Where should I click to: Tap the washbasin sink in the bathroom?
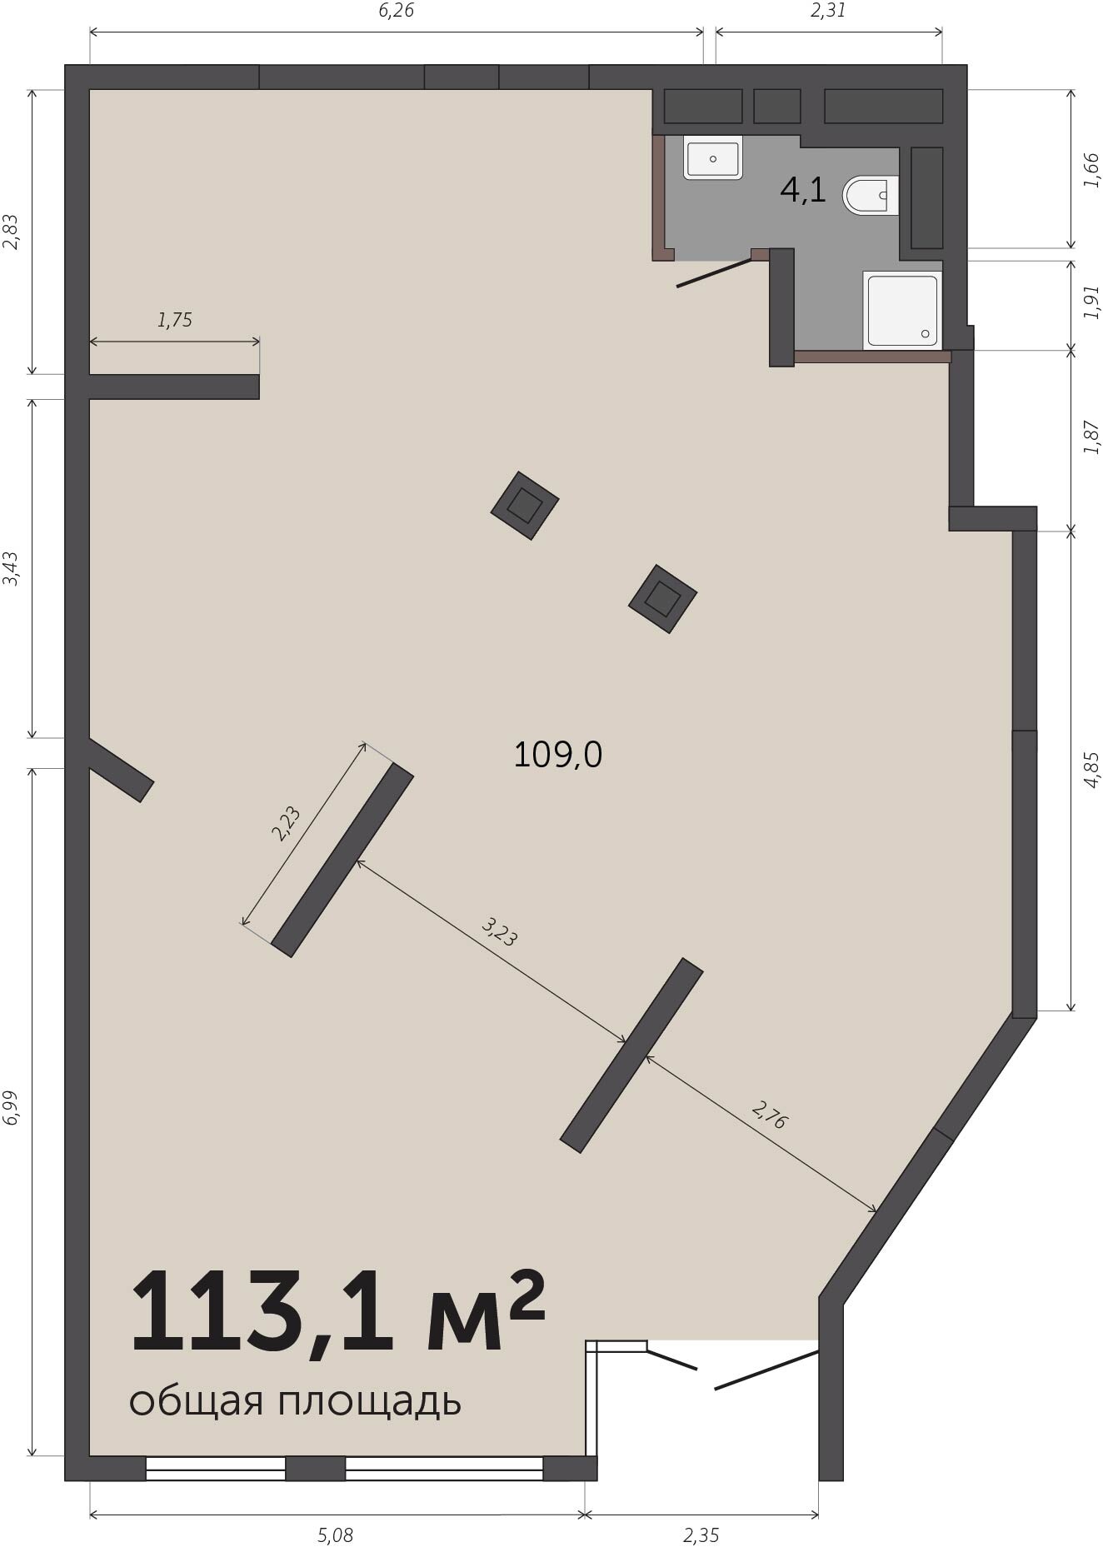(x=713, y=158)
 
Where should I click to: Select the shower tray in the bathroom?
(x=902, y=310)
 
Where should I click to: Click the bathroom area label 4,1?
(x=803, y=190)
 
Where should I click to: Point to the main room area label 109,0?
(x=557, y=755)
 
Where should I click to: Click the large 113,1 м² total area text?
(x=337, y=1312)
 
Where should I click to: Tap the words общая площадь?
(x=295, y=1403)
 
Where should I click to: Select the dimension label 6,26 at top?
(x=396, y=11)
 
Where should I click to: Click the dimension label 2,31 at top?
(x=828, y=11)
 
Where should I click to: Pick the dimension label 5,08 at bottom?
(x=335, y=1535)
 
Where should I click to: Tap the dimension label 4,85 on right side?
(x=1091, y=770)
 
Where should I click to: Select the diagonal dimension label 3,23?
(x=500, y=932)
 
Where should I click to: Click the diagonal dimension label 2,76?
(x=769, y=1115)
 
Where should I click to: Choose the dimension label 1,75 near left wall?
(x=175, y=320)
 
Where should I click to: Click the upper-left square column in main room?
(x=524, y=506)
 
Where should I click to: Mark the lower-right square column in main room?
(x=662, y=599)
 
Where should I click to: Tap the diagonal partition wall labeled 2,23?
(x=342, y=860)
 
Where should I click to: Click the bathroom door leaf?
(x=715, y=273)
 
